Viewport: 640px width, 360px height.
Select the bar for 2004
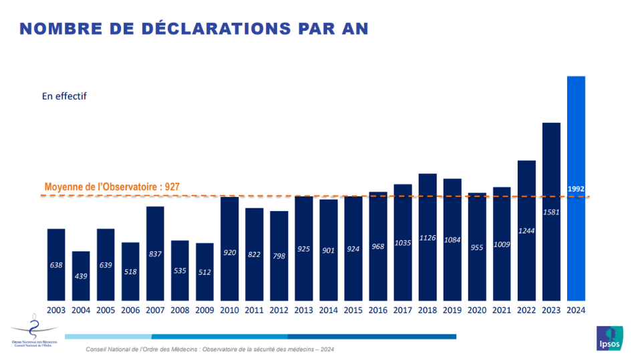81,275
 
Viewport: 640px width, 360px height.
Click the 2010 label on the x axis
229,309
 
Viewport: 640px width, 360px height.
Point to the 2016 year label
378,309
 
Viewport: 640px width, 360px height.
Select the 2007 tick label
155,309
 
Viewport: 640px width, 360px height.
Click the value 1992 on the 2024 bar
576,189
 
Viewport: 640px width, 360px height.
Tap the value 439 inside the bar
81,277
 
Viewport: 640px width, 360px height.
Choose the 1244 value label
527,231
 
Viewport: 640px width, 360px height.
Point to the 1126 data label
428,237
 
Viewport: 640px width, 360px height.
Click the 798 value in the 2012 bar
279,256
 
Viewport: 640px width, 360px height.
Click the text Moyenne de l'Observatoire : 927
112,187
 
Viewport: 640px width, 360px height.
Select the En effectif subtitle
64,96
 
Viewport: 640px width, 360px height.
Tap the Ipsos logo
609,338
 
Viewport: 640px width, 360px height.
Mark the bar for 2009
204,271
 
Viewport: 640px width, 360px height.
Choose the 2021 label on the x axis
502,309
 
